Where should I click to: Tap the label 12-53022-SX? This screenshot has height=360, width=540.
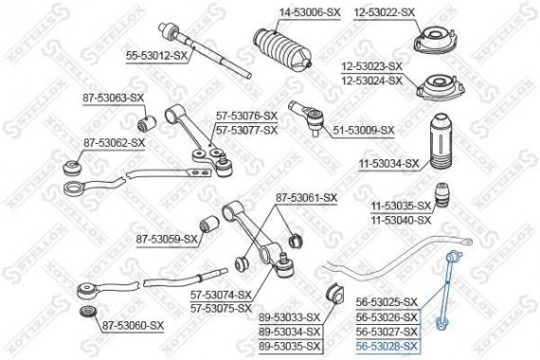(x=385, y=11)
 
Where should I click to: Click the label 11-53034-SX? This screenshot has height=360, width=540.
(x=388, y=163)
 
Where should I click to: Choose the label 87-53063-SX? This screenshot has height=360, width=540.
(x=113, y=98)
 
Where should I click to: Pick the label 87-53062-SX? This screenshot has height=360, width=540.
(x=113, y=142)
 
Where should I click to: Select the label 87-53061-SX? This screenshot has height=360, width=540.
(x=306, y=197)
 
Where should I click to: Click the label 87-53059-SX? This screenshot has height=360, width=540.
(x=167, y=239)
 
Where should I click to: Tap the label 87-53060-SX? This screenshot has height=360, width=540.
(x=132, y=325)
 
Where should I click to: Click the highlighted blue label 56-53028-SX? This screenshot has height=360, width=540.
(x=386, y=348)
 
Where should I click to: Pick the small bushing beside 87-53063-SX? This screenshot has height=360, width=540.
(x=147, y=122)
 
